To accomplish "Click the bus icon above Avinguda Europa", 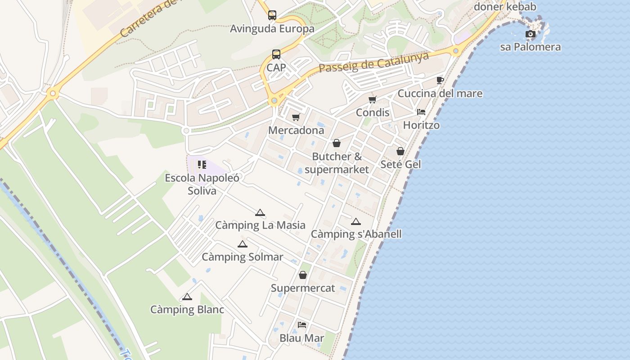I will point(272,15).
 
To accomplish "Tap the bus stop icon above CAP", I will point(276,54).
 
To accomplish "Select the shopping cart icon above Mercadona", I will point(296,117).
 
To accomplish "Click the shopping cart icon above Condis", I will point(372,99).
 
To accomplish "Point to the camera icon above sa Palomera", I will point(531,34).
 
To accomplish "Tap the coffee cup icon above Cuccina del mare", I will point(440,81).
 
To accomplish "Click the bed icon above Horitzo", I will point(421,112).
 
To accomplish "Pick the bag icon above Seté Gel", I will point(400,151).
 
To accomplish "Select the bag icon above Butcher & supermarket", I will point(337,144).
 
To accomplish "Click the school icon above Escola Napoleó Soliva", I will point(202,165).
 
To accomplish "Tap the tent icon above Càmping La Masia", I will point(260,212).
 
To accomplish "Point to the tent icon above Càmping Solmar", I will point(243,244).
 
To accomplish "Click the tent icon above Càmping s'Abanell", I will point(356,221).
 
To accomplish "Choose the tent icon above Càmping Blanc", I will point(187,297).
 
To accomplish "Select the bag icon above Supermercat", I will point(303,275).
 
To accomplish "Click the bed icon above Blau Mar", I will point(302,325).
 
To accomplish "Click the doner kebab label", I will point(505,7).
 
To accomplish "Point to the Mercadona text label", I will point(296,130).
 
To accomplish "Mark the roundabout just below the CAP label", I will point(274,100).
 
